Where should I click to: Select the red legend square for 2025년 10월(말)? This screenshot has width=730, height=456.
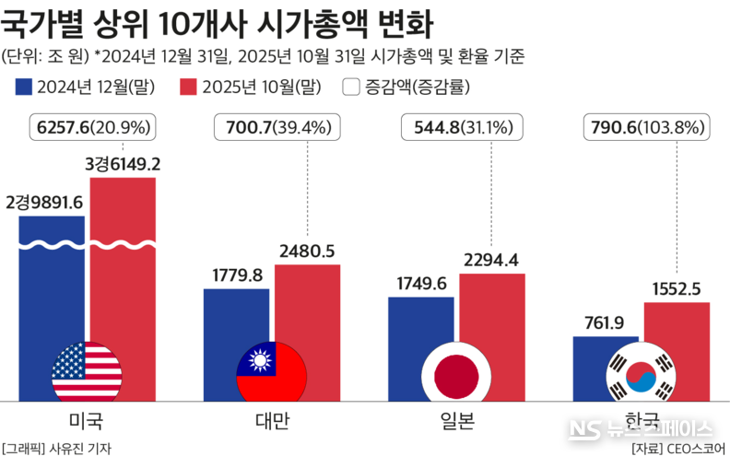tap(188, 88)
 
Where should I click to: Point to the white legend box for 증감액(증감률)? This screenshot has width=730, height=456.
tap(351, 88)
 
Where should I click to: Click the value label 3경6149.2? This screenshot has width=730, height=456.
tap(123, 164)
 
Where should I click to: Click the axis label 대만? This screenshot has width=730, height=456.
tap(272, 422)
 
